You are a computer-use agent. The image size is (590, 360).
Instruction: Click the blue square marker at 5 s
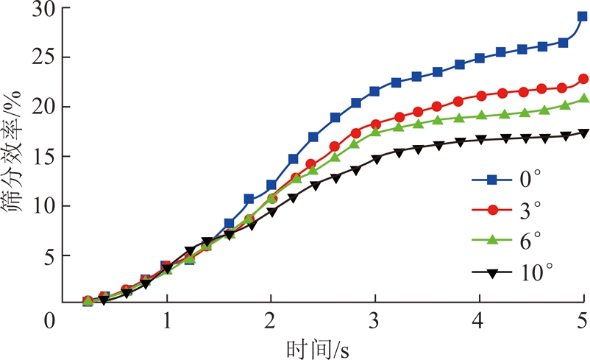583,16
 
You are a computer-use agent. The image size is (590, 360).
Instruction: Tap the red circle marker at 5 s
583,79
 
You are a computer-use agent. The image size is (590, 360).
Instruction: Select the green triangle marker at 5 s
583,99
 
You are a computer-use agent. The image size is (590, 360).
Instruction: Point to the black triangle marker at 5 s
583,133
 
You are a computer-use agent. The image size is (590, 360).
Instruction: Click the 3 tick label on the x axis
375,321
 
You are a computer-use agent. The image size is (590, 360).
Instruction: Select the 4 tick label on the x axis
480,321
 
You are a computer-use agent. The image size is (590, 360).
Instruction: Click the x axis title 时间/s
317,346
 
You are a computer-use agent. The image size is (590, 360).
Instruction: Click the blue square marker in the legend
484,180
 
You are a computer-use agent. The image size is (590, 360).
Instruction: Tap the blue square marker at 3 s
374,91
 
